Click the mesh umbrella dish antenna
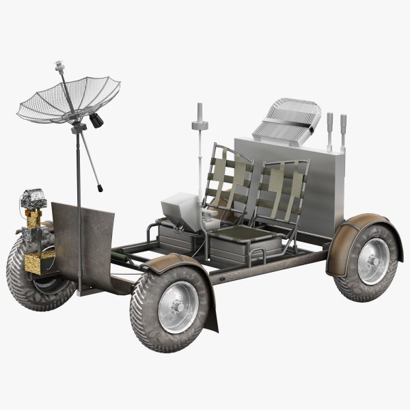[68, 100]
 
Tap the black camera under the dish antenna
[95, 120]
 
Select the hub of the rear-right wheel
[372, 262]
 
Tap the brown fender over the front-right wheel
[171, 263]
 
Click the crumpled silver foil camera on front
[33, 199]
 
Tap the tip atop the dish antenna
[59, 66]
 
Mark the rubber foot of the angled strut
[100, 185]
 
